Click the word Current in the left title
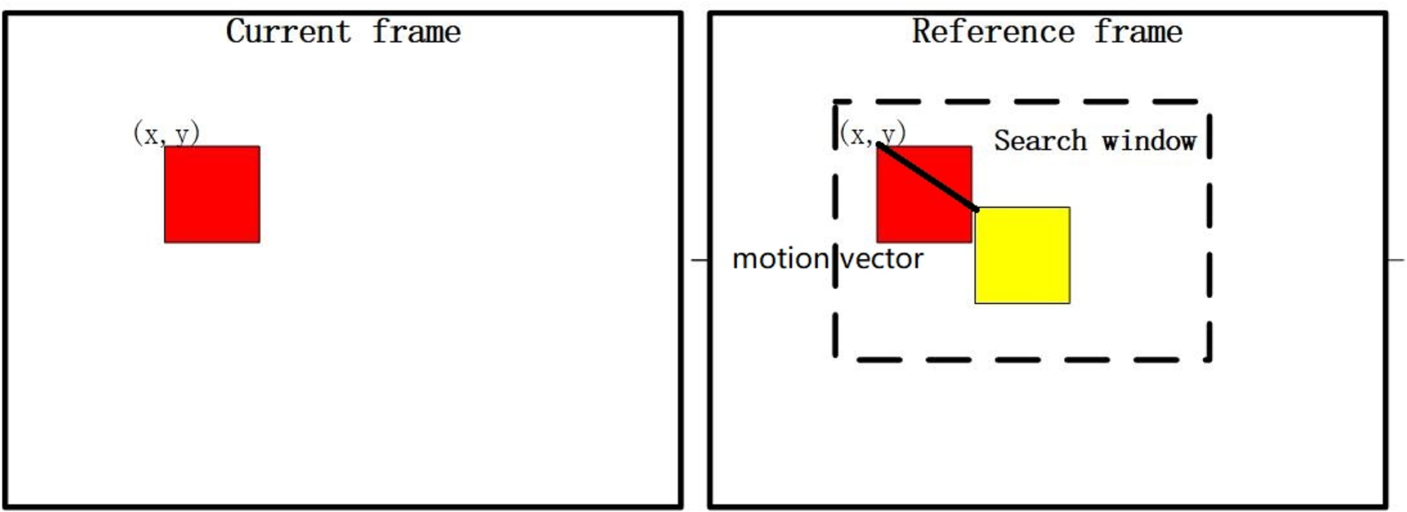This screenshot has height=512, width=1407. pos(288,32)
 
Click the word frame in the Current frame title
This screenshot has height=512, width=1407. pos(416,32)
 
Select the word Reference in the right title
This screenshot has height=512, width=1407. pos(993,32)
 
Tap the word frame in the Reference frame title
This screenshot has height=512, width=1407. pos(1138,32)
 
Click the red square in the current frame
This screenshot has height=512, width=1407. pos(212,195)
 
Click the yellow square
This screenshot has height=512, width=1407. pos(1023,255)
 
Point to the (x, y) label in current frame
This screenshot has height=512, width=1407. pos(167,134)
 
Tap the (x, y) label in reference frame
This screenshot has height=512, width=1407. pos(873,134)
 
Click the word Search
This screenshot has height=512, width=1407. pos(1040,141)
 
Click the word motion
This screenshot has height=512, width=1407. pos(780,259)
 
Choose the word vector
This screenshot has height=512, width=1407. pos(882,259)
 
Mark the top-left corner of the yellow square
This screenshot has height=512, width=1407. pos(976,208)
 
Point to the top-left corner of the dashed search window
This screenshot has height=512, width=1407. pos(835,102)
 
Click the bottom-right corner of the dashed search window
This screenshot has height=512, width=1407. pos(1209,359)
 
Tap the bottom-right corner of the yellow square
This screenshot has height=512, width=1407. pos(1069,303)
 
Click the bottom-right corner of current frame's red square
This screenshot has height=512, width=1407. pos(259,242)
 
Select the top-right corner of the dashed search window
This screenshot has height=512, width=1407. pos(1209,102)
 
